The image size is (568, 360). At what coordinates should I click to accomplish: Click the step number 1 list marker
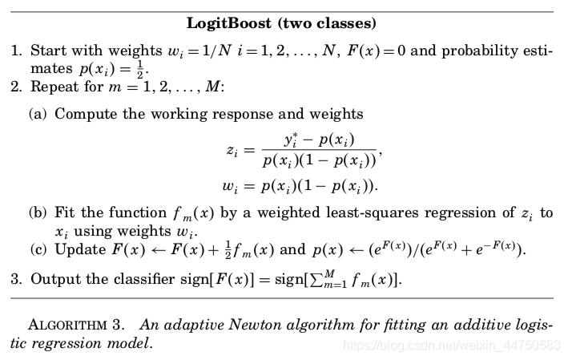16,52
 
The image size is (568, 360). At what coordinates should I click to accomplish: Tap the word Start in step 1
48,52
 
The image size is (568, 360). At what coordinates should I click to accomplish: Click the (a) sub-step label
38,114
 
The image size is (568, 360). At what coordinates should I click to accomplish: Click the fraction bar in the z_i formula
318,150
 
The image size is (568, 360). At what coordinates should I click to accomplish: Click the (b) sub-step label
38,214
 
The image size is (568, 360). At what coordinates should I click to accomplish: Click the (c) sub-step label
38,249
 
